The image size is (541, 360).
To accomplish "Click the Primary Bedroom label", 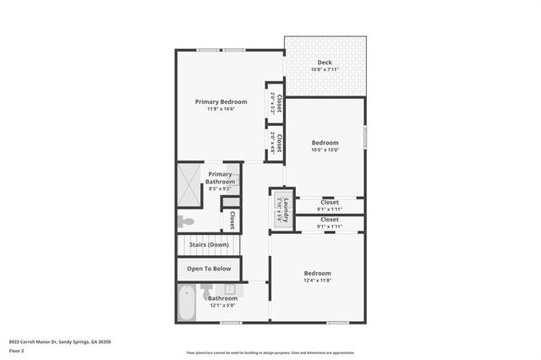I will (x=221, y=101).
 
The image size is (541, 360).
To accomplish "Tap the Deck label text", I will (x=325, y=63).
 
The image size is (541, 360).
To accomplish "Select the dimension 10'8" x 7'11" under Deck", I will (x=325, y=69).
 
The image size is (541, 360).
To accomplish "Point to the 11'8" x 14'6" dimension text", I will (x=221, y=108).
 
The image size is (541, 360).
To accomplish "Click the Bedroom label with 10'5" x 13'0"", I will (x=325, y=143).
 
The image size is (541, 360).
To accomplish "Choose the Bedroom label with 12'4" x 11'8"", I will (x=317, y=273).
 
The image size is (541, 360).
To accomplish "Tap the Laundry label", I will (x=286, y=207).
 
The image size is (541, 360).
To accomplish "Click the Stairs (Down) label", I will (x=209, y=244).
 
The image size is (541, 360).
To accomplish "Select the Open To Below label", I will (x=209, y=269).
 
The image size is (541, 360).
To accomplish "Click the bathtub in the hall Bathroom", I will (x=188, y=302).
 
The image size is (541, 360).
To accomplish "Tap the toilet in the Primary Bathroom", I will (x=187, y=221).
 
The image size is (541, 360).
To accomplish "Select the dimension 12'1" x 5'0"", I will (x=223, y=305).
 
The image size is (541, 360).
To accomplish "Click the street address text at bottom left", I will (x=60, y=341).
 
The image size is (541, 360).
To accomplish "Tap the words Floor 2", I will (x=17, y=350).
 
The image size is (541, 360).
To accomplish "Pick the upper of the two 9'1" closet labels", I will (x=329, y=202).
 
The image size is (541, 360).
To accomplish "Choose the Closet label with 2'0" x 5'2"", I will (x=279, y=102).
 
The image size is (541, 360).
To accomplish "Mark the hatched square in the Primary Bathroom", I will (x=227, y=202).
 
